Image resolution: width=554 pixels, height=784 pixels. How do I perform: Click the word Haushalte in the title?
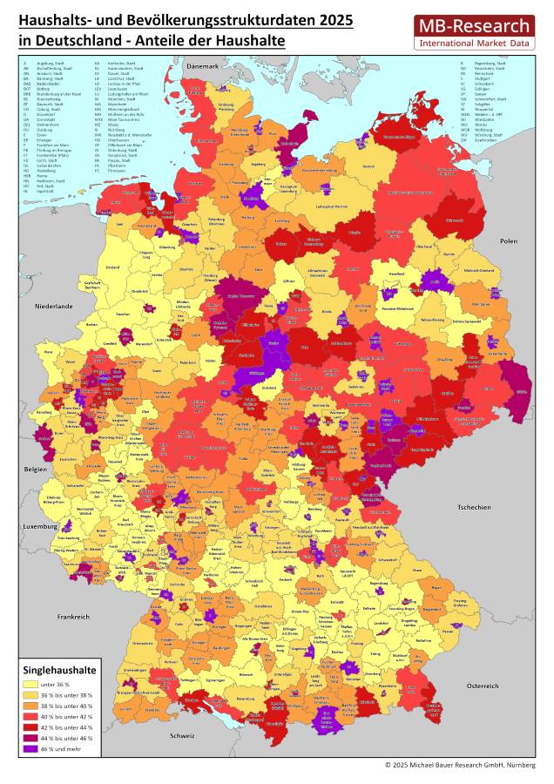pyautogui.click(x=253, y=41)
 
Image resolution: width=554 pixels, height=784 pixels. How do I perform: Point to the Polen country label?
pyautogui.click(x=509, y=240)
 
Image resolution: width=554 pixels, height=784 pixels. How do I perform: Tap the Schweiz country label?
pyautogui.click(x=182, y=736)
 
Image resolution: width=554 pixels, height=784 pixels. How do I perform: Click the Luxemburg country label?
pyautogui.click(x=40, y=527)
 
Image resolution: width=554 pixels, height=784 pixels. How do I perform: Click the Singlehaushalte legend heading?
pyautogui.click(x=60, y=669)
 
